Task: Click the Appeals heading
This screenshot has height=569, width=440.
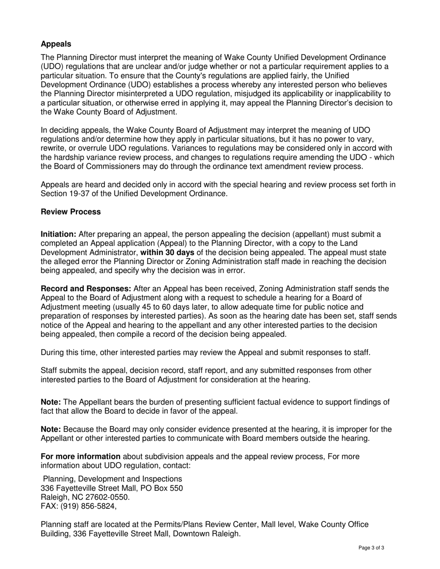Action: pyautogui.click(x=56, y=44)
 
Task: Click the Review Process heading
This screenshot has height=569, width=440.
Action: pyautogui.click(x=70, y=212)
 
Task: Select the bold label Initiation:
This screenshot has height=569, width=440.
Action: pyautogui.click(x=59, y=234)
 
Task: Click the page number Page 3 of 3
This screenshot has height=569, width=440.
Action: pyautogui.click(x=371, y=548)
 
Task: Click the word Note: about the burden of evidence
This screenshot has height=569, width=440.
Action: pyautogui.click(x=51, y=402)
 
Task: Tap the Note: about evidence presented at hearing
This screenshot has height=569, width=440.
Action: pyautogui.click(x=51, y=429)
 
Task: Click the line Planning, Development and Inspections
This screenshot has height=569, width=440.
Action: pyautogui.click(x=112, y=479)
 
